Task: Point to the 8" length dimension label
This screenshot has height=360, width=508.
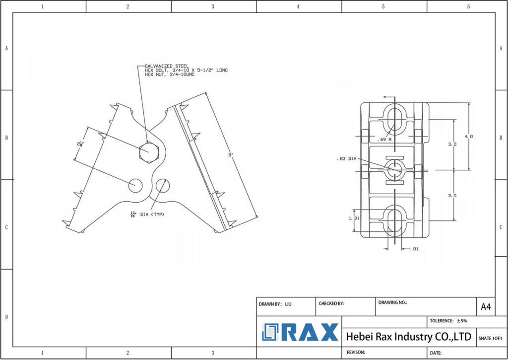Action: (230, 155)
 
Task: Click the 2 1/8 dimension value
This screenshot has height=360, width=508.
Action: (80, 144)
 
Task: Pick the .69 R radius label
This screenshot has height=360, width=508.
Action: (384, 140)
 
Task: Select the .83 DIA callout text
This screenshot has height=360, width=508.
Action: (346, 159)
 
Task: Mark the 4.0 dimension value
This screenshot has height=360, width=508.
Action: (468, 136)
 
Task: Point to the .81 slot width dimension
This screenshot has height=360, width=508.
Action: (415, 249)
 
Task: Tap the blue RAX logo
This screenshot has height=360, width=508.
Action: (300, 332)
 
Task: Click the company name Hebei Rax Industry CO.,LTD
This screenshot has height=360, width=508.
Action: (408, 337)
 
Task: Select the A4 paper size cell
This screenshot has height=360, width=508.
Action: (486, 307)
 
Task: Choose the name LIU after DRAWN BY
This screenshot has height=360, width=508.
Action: (288, 303)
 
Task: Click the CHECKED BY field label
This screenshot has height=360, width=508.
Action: (331, 303)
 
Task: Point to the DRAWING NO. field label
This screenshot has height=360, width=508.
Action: (392, 302)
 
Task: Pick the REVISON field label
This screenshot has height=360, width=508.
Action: (355, 352)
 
